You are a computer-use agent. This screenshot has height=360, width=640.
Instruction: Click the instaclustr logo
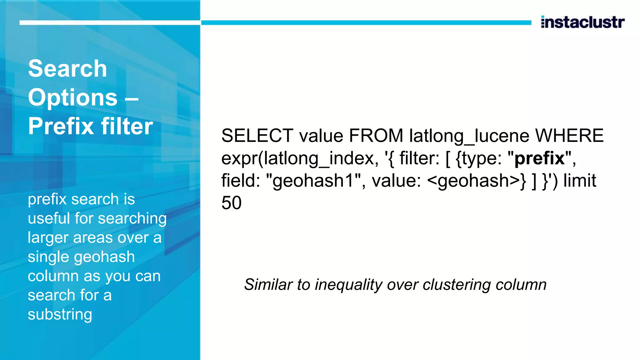(x=582, y=22)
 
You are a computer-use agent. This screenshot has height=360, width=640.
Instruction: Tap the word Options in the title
(x=73, y=97)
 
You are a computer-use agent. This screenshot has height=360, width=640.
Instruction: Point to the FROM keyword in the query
(x=376, y=136)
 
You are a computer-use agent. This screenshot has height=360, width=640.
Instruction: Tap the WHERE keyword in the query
(x=569, y=136)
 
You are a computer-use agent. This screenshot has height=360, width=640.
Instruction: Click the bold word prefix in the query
(x=539, y=158)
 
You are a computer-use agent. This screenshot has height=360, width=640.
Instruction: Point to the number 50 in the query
(x=232, y=203)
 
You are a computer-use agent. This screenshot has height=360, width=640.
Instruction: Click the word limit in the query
(x=580, y=181)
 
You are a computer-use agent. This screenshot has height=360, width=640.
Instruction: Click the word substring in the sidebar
(x=60, y=314)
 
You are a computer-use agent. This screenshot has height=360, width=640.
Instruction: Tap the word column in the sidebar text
(x=53, y=276)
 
